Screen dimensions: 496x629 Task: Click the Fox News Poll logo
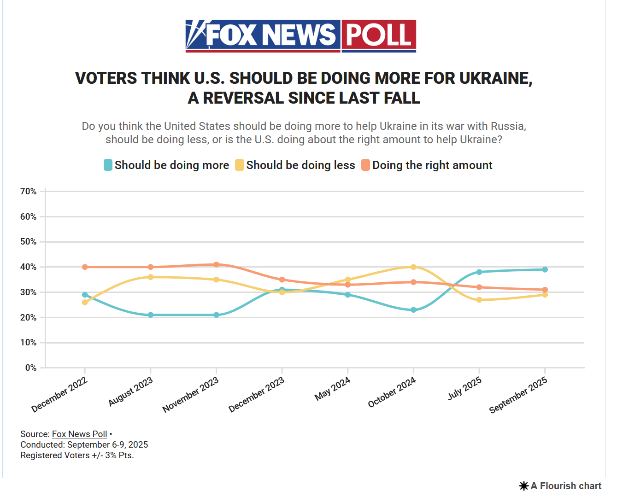click(300, 36)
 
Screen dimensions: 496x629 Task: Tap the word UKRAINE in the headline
click(495, 78)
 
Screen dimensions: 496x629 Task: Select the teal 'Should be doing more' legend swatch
click(108, 165)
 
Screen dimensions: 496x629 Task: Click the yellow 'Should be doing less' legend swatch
click(240, 165)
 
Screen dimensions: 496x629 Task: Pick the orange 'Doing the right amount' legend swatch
click(365, 165)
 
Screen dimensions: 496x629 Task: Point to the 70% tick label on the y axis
click(29, 191)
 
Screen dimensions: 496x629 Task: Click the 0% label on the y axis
click(31, 368)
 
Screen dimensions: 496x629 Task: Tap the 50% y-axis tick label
click(29, 242)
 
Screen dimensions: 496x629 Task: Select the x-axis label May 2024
click(333, 389)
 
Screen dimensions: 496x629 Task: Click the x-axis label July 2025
click(464, 388)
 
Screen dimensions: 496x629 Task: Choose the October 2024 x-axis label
click(392, 392)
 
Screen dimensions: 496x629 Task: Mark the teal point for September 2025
click(545, 269)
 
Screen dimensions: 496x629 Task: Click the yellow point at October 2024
click(413, 267)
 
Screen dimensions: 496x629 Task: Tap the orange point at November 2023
click(217, 264)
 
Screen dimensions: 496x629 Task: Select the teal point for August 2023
click(151, 315)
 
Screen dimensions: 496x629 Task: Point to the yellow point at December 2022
click(85, 302)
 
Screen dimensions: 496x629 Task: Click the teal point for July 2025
click(479, 272)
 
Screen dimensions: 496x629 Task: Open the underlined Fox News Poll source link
click(79, 434)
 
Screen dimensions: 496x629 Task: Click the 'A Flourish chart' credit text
click(566, 486)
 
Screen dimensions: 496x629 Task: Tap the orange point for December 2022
click(85, 267)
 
